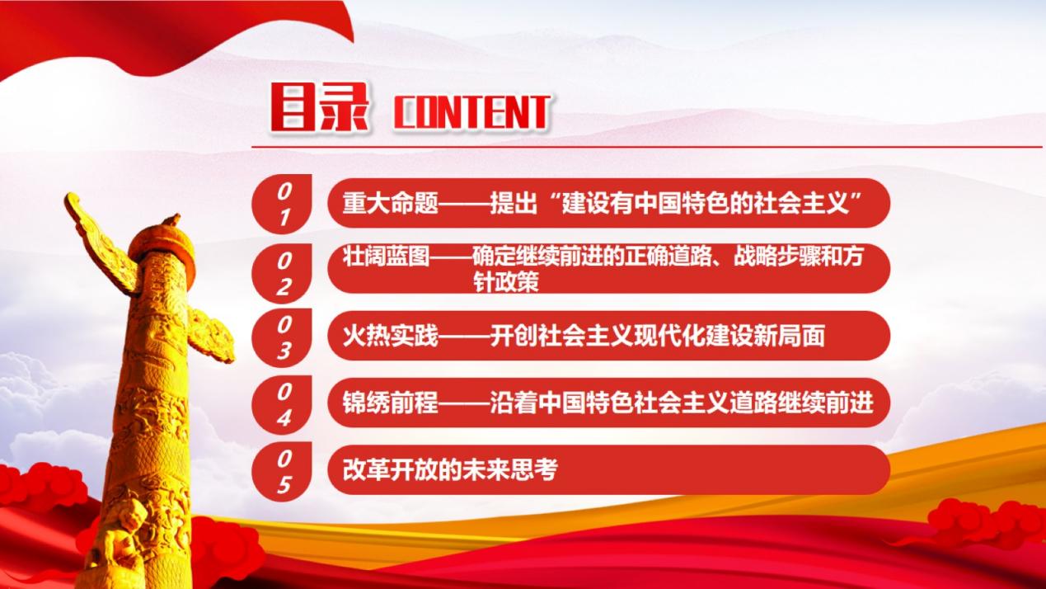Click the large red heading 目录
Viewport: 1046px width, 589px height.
point(320,107)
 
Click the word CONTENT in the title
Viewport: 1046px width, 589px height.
point(471,112)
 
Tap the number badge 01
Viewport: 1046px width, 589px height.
point(282,204)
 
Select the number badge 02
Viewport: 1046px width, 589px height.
point(282,274)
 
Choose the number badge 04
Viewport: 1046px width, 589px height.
point(282,405)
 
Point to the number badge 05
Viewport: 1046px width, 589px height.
point(282,471)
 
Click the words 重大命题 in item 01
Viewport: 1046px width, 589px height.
point(391,203)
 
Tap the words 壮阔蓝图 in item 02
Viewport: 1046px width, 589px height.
point(387,257)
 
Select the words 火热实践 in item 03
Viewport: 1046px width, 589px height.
point(391,336)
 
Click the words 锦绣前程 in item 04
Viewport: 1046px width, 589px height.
point(391,403)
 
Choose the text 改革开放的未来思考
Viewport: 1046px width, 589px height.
point(450,469)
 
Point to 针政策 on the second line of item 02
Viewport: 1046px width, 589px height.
point(506,281)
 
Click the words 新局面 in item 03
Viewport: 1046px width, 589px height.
point(789,336)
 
